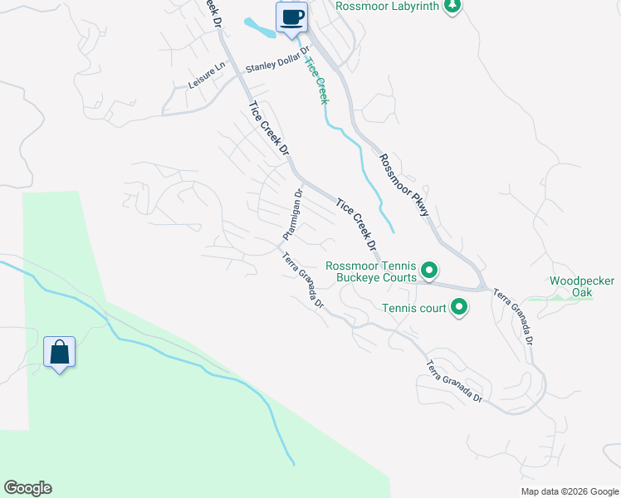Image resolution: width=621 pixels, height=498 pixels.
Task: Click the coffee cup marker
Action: click(x=291, y=17)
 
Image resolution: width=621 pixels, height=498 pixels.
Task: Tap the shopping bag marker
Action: click(x=60, y=352)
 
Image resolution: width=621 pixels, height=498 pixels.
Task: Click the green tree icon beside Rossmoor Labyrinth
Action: click(x=452, y=7)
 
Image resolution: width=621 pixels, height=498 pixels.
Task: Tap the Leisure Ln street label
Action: click(x=207, y=77)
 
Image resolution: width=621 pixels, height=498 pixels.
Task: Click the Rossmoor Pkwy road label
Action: click(x=404, y=185)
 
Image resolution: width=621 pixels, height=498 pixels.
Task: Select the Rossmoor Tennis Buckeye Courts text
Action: click(x=370, y=271)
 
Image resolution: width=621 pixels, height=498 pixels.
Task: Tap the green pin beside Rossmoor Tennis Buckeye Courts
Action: click(x=429, y=270)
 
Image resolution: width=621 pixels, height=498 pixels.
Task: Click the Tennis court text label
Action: click(x=413, y=309)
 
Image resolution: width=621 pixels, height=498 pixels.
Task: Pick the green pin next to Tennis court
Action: click(x=459, y=309)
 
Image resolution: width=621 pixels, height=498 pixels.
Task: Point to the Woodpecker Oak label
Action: click(x=582, y=286)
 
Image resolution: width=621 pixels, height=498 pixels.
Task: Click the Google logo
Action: click(x=27, y=488)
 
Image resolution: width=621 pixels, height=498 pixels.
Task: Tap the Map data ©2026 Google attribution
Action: click(x=569, y=491)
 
